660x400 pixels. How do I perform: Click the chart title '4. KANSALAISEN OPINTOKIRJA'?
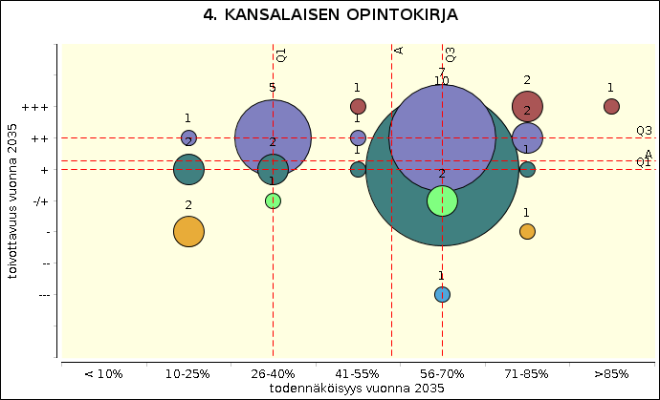click(331, 16)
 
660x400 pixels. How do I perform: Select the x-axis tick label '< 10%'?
click(103, 374)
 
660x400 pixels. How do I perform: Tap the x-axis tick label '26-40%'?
click(273, 374)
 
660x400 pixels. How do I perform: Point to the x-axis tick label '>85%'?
click(611, 374)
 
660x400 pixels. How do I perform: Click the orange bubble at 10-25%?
click(188, 231)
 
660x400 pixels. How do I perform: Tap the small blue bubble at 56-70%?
click(442, 294)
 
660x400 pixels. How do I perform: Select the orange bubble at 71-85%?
click(527, 231)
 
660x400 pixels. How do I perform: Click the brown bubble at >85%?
click(611, 106)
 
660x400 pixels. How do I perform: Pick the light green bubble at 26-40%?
click(273, 200)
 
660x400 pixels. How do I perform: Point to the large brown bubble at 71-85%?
click(528, 106)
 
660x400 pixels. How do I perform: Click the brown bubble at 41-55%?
click(358, 106)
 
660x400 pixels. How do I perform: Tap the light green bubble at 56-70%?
click(442, 200)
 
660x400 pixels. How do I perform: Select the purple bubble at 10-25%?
click(188, 137)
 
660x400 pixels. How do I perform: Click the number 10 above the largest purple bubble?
click(441, 82)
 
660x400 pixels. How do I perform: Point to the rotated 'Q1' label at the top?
click(281, 54)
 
